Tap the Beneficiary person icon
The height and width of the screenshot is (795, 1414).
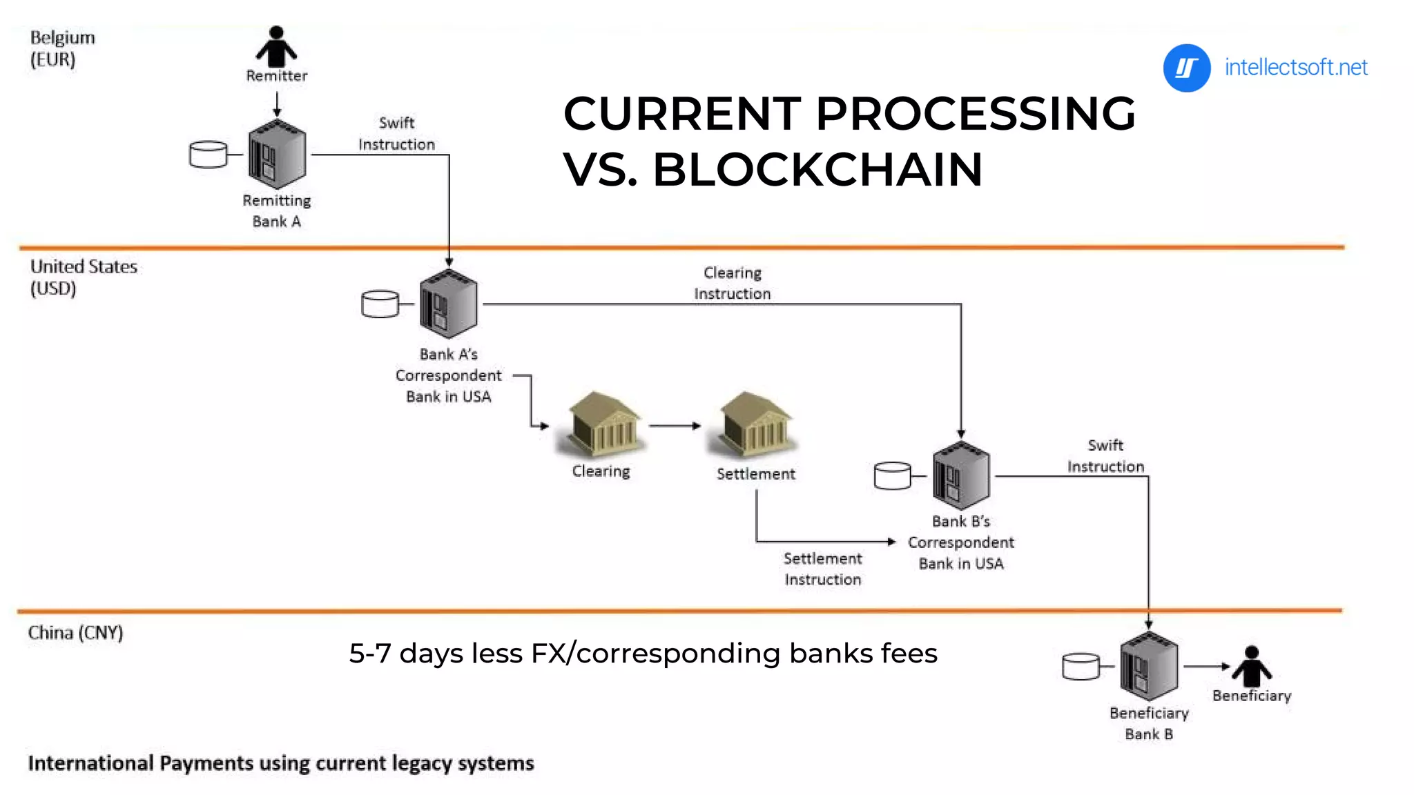1251,667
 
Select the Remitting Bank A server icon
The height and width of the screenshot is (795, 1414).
277,155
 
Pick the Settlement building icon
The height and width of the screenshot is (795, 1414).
755,424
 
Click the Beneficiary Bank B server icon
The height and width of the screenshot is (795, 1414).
1149,666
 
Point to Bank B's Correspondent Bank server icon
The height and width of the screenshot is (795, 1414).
961,475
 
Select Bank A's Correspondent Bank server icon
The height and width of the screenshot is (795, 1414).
448,304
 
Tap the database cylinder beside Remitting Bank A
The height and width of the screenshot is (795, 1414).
208,155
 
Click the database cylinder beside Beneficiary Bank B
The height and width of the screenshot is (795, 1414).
1081,667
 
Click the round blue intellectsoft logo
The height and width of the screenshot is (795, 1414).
1186,68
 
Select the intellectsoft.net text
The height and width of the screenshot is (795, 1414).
1295,68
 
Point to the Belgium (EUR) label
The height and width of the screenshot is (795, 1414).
62,48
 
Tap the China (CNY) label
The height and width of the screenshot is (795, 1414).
75,633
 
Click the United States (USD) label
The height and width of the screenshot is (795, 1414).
83,277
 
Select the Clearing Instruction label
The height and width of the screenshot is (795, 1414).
732,283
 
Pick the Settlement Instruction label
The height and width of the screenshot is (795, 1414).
822,569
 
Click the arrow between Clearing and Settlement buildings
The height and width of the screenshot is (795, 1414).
675,426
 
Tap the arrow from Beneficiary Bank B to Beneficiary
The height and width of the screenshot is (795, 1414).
1206,667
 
